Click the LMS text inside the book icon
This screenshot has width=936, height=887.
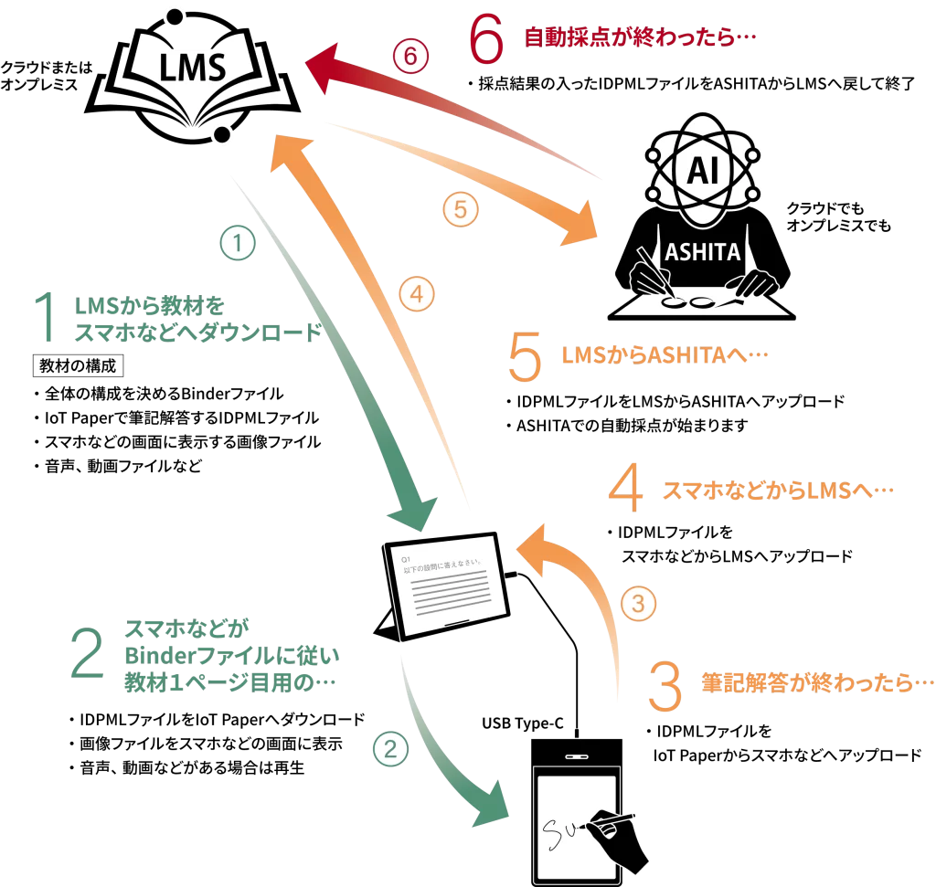pyautogui.click(x=192, y=66)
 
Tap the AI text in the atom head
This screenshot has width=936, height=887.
pyautogui.click(x=703, y=171)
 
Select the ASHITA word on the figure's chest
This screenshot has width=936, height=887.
pyautogui.click(x=703, y=252)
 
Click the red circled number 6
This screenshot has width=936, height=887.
pyautogui.click(x=410, y=56)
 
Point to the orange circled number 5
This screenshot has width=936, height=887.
pyautogui.click(x=461, y=209)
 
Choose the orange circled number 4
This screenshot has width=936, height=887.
pyautogui.click(x=417, y=294)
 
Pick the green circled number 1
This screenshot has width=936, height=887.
pyautogui.click(x=238, y=243)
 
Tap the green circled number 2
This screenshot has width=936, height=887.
pyautogui.click(x=390, y=749)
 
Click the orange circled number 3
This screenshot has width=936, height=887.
pyautogui.click(x=638, y=604)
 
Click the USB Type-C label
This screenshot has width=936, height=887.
pyautogui.click(x=522, y=723)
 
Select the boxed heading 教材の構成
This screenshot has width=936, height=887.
pyautogui.click(x=79, y=365)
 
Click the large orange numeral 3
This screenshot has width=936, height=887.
pyautogui.click(x=665, y=686)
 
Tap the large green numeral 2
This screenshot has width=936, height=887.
pyautogui.click(x=87, y=653)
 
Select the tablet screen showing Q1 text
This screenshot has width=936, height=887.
pyautogui.click(x=446, y=586)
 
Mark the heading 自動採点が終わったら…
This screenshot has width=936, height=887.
pyautogui.click(x=640, y=37)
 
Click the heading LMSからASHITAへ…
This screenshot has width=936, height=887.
pyautogui.click(x=665, y=355)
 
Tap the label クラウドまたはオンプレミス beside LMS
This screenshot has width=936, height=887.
pyautogui.click(x=47, y=76)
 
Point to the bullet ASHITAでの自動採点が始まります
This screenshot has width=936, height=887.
pyautogui.click(x=627, y=426)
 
